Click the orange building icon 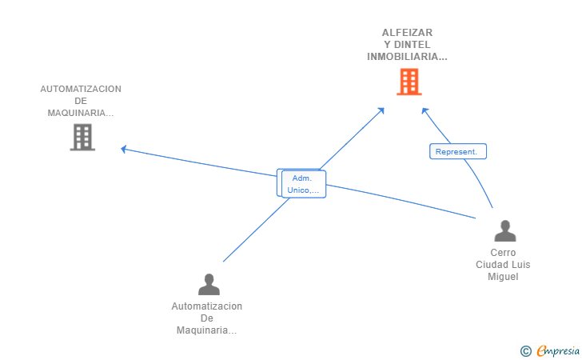point(409,82)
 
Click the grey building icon point(82,138)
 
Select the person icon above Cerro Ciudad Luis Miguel point(504,231)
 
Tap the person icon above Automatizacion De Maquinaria point(209,284)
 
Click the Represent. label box point(457,151)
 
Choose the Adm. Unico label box point(303,184)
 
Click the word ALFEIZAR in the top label point(407,33)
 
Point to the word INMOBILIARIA point(406,57)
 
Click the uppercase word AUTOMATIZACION point(81,89)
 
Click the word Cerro point(503,253)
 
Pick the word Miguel point(503,277)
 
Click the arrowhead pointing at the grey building point(122,148)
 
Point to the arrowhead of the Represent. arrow point(425,110)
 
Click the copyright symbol point(525,350)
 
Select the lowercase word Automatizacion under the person point(207,306)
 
